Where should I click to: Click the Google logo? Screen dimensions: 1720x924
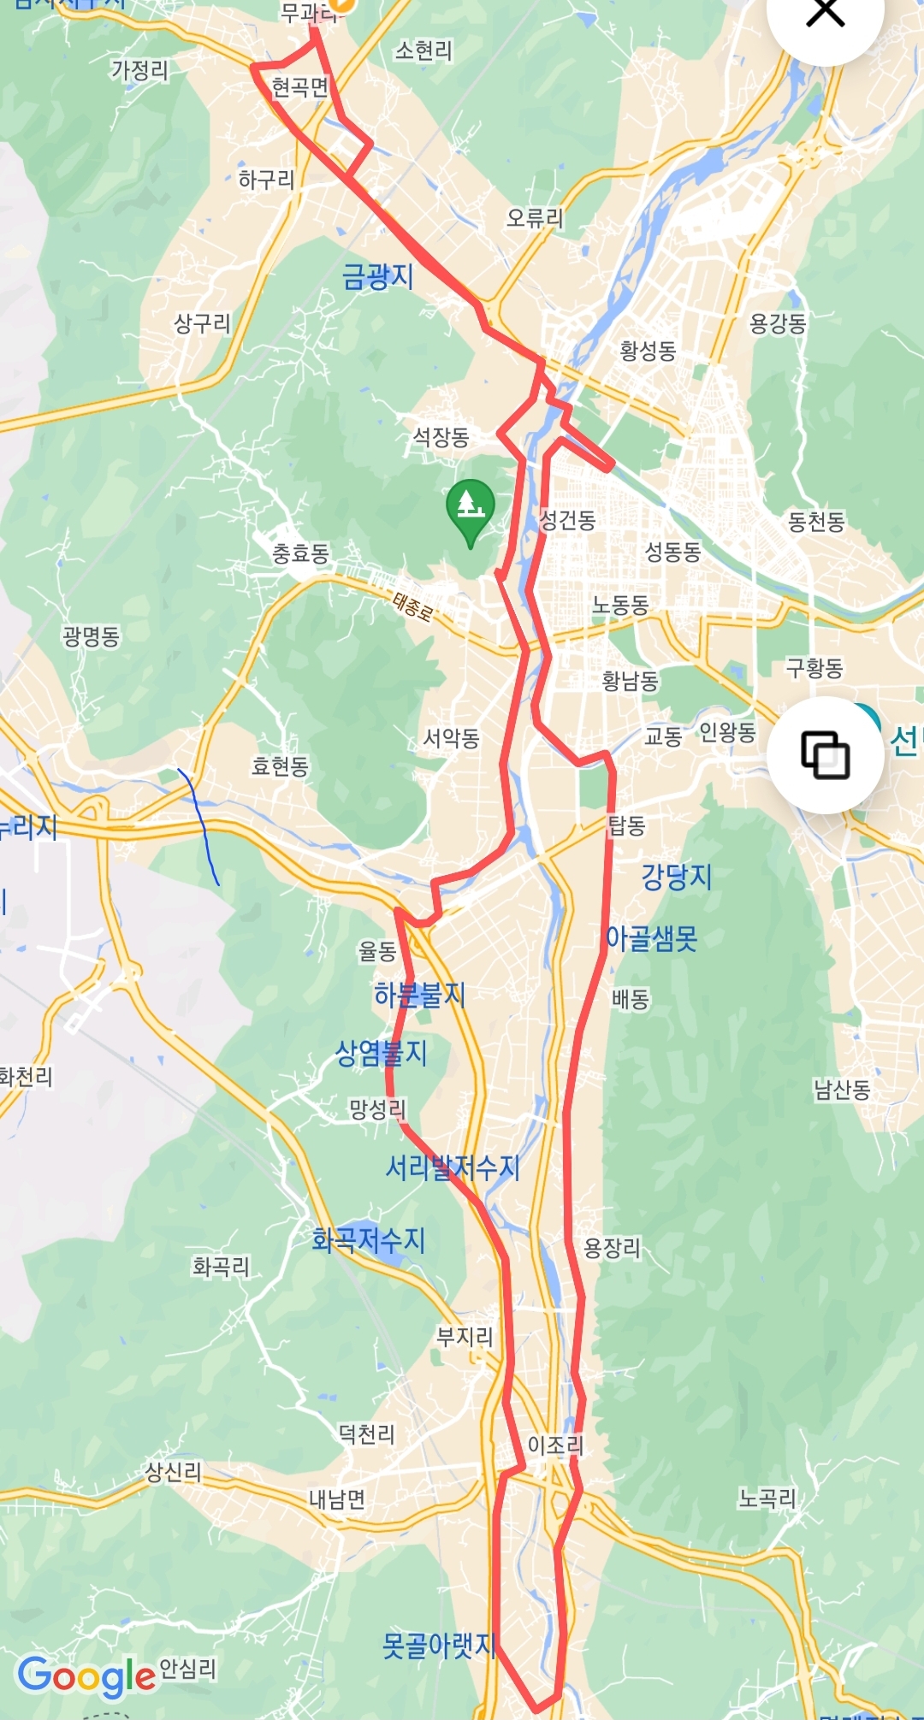pyautogui.click(x=86, y=1676)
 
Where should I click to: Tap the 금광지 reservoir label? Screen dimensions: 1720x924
pyautogui.click(x=377, y=276)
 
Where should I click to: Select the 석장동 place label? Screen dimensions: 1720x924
pyautogui.click(x=441, y=438)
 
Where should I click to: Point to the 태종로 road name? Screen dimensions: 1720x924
pyautogui.click(x=412, y=606)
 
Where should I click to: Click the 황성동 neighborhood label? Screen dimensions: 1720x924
pyautogui.click(x=648, y=351)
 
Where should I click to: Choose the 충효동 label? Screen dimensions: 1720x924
pyautogui.click(x=300, y=554)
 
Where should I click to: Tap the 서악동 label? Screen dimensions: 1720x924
pyautogui.click(x=451, y=737)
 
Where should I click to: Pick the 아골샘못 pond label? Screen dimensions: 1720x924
pyautogui.click(x=651, y=938)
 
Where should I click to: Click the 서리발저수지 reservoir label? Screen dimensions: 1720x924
pyautogui.click(x=453, y=1167)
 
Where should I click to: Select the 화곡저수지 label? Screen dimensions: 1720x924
pyautogui.click(x=368, y=1240)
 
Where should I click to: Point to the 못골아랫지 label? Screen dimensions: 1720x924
pyautogui.click(x=439, y=1645)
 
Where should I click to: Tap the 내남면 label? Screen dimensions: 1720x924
pyautogui.click(x=337, y=1499)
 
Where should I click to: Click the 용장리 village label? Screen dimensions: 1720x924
pyautogui.click(x=612, y=1248)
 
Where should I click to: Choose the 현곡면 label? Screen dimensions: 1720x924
pyautogui.click(x=299, y=87)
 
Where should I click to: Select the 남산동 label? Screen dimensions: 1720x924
pyautogui.click(x=842, y=1090)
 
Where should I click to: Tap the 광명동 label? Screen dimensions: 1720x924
pyautogui.click(x=91, y=636)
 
